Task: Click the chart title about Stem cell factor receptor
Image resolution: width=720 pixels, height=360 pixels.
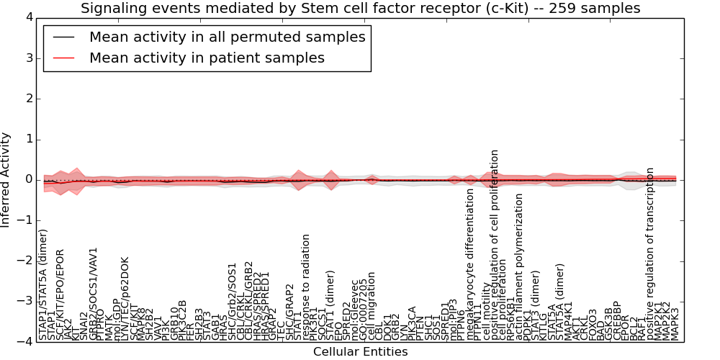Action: click(360, 9)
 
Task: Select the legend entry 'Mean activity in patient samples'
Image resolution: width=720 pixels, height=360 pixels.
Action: click(207, 58)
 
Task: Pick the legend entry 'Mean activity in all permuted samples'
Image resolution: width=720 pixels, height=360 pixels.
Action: click(227, 37)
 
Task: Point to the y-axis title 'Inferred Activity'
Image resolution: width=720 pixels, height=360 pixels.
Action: click(6, 179)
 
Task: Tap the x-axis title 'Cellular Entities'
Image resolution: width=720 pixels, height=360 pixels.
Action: click(360, 351)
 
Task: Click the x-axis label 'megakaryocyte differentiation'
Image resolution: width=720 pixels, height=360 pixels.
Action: click(471, 264)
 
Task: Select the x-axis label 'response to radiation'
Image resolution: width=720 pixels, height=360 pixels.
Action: click(306, 287)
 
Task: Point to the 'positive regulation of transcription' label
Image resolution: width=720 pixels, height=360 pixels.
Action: click(650, 254)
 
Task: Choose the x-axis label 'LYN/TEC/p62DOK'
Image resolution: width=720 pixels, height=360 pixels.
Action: click(125, 299)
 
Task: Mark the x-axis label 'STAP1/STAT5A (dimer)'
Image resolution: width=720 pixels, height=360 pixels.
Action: click(43, 284)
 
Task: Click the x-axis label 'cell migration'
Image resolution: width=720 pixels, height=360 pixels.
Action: click(372, 306)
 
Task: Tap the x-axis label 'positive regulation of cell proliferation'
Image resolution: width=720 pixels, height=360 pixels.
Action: click(495, 245)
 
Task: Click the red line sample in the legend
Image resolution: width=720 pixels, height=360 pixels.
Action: click(63, 58)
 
